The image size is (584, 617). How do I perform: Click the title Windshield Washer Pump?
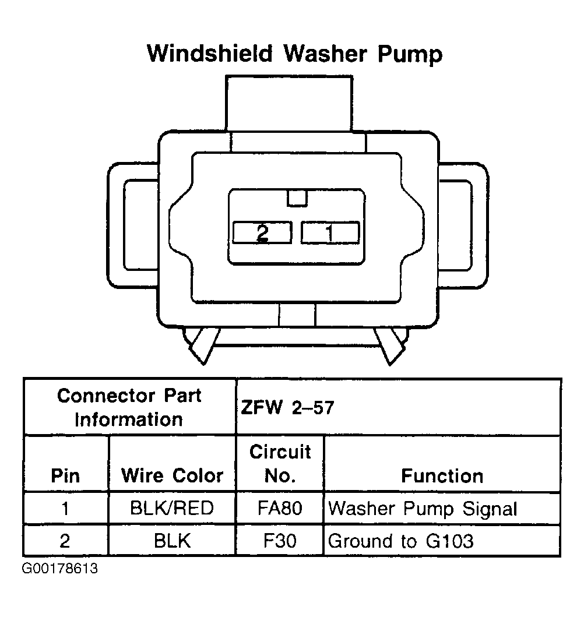[294, 54]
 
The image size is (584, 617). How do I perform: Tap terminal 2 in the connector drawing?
[262, 233]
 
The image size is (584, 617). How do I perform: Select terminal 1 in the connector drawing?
[329, 233]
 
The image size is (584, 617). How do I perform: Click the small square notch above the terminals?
[297, 199]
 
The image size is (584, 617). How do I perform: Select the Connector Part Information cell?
[129, 407]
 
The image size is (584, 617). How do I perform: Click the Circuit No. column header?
[280, 464]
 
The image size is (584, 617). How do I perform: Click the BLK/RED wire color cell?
[172, 509]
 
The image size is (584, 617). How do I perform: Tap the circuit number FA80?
[280, 509]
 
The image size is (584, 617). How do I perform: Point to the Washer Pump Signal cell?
[423, 509]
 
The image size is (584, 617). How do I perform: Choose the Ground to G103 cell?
[401, 541]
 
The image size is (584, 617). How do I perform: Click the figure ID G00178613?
[60, 569]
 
